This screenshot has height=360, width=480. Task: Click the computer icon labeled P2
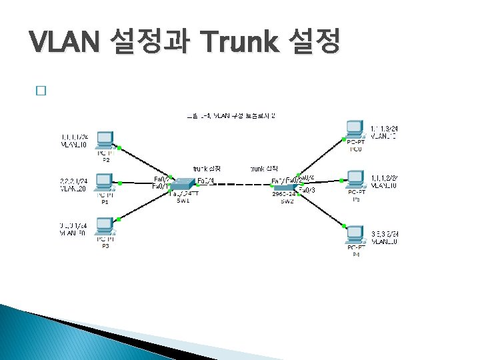click(x=105, y=140)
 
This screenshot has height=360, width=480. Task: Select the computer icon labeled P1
click(x=105, y=181)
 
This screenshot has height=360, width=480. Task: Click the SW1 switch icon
click(x=181, y=182)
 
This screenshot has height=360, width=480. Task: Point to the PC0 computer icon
click(x=355, y=128)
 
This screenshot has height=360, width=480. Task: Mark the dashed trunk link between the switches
click(x=233, y=185)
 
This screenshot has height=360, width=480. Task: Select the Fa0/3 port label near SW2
click(x=307, y=191)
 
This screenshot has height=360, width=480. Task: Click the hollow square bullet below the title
click(x=41, y=92)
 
